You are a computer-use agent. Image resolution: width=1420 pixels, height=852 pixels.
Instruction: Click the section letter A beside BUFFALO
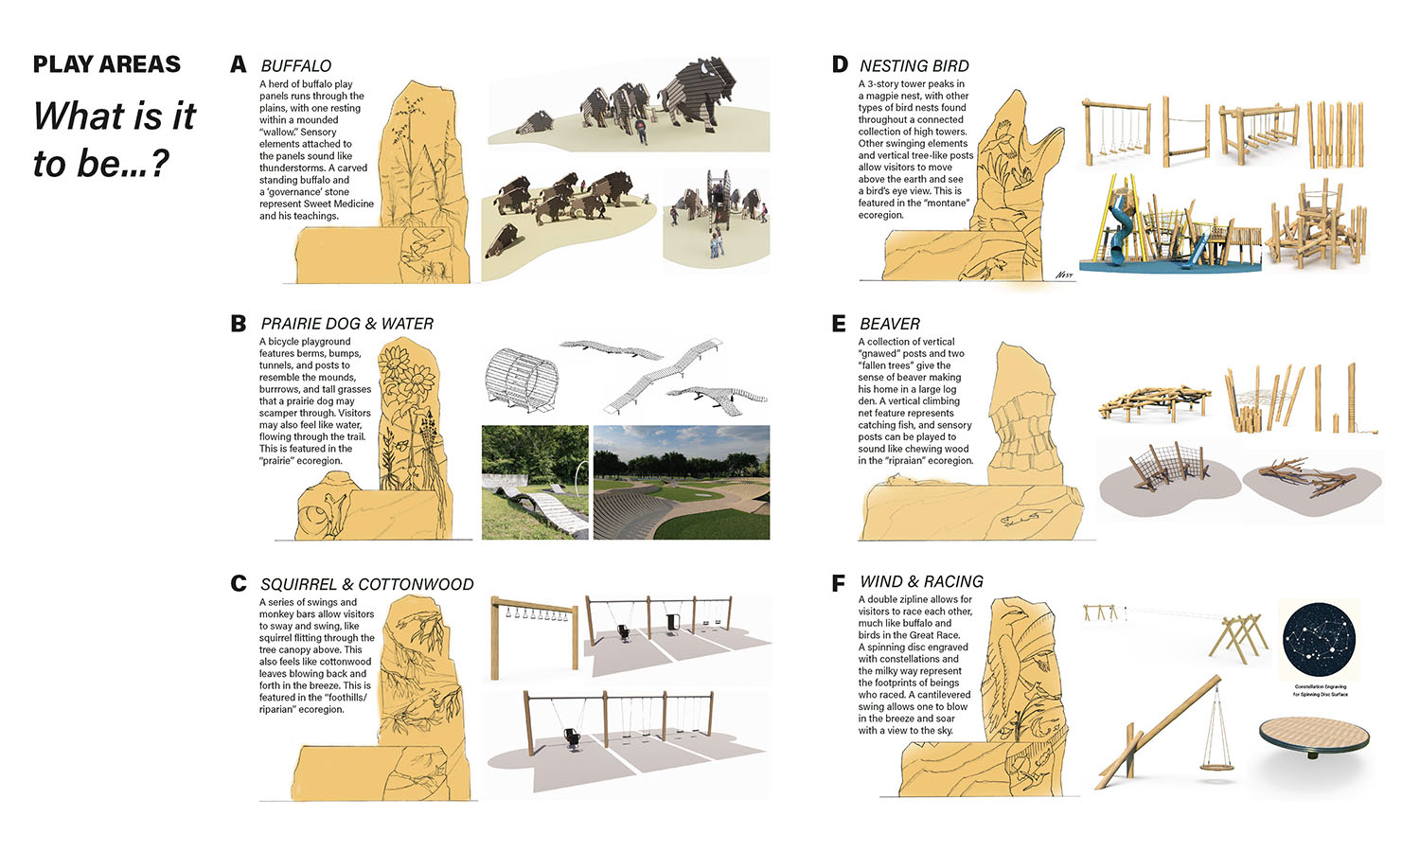[239, 64]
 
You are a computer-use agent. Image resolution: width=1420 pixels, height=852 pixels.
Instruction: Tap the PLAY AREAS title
[106, 64]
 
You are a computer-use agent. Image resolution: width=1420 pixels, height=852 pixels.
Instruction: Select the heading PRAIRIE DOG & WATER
[346, 324]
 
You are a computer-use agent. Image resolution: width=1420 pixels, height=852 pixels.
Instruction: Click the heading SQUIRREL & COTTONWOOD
[366, 584]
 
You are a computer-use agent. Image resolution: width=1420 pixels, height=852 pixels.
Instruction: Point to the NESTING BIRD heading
[914, 65]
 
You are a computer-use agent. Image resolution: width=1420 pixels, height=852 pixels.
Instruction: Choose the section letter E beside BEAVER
[839, 324]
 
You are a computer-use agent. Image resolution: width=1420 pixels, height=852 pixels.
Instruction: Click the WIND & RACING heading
[921, 581]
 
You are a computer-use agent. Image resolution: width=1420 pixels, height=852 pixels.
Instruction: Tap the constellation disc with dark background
[1321, 640]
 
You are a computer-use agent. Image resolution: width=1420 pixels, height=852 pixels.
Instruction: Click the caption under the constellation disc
[1320, 690]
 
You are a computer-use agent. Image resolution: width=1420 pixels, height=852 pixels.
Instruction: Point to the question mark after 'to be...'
[159, 165]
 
